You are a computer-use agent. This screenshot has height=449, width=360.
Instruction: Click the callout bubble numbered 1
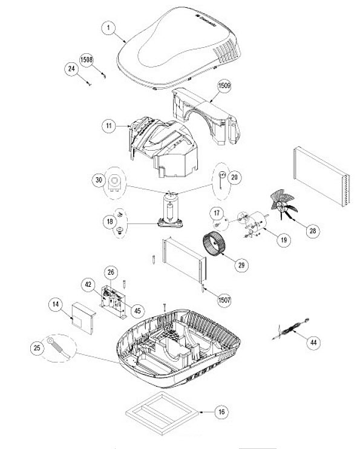108,28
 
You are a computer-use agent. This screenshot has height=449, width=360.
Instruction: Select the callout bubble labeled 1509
224,85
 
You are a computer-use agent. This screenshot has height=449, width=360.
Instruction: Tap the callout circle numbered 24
71,69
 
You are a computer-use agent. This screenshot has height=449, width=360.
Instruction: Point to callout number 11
109,126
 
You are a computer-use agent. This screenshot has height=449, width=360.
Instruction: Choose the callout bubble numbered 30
99,180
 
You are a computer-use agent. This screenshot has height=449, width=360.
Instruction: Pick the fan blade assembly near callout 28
283,203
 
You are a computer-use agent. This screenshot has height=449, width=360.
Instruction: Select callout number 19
284,240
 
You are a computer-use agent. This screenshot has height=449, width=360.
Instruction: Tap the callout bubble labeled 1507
224,300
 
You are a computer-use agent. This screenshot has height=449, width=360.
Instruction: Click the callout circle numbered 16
221,412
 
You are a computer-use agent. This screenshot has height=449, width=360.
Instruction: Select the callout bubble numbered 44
313,342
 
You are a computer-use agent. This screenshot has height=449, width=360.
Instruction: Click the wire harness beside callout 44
290,329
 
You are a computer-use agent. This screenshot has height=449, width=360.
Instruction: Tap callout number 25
38,348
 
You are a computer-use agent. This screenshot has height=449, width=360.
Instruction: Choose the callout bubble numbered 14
56,304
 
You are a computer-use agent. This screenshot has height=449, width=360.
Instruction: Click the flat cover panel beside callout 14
83,318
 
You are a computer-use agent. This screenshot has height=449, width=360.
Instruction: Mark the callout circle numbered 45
137,310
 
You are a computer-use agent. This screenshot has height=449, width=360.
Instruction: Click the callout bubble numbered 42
88,284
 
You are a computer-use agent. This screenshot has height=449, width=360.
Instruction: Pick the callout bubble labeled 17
217,213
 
